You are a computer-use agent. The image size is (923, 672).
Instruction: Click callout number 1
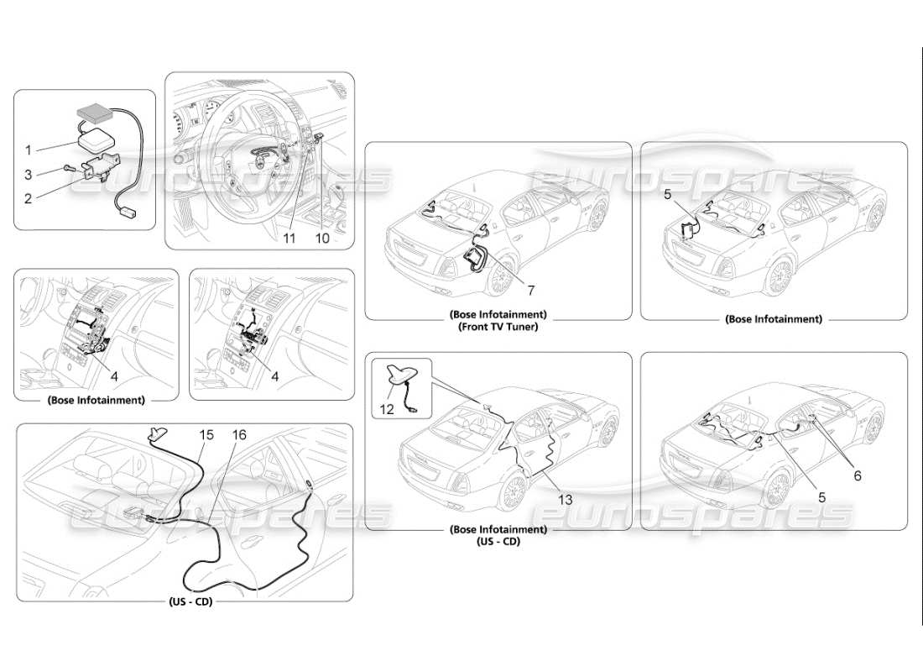pyautogui.click(x=28, y=150)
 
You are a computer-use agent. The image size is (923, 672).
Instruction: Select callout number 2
pyautogui.click(x=28, y=199)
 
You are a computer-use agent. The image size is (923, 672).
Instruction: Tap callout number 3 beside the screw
pyautogui.click(x=28, y=174)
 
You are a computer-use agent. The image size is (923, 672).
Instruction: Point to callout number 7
pyautogui.click(x=531, y=290)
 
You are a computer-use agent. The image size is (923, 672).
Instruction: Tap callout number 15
pyautogui.click(x=206, y=434)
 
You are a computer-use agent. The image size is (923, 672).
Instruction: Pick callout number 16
pyautogui.click(x=240, y=434)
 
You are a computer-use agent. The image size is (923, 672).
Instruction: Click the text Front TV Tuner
pyautogui.click(x=498, y=327)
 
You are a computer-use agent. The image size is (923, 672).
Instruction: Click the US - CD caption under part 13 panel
pyautogui.click(x=498, y=542)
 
